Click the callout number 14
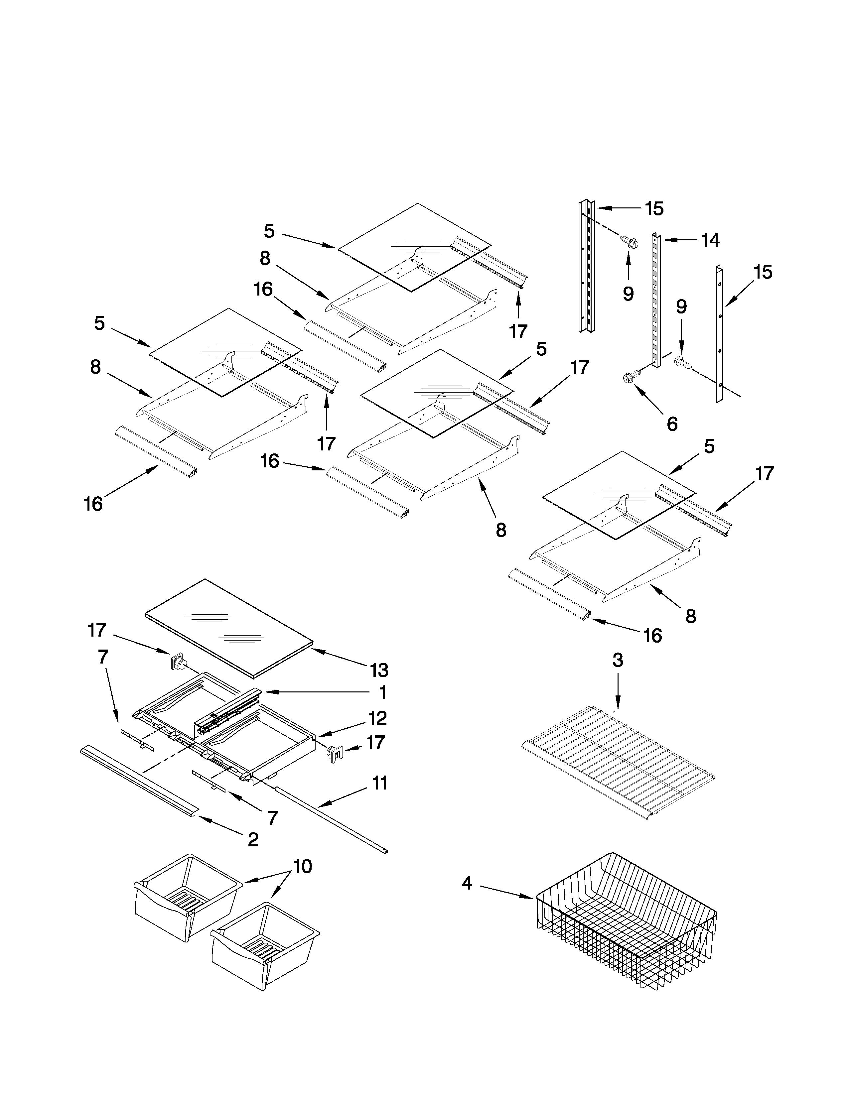(x=710, y=241)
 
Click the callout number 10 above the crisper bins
(x=302, y=866)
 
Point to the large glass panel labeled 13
(x=228, y=625)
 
